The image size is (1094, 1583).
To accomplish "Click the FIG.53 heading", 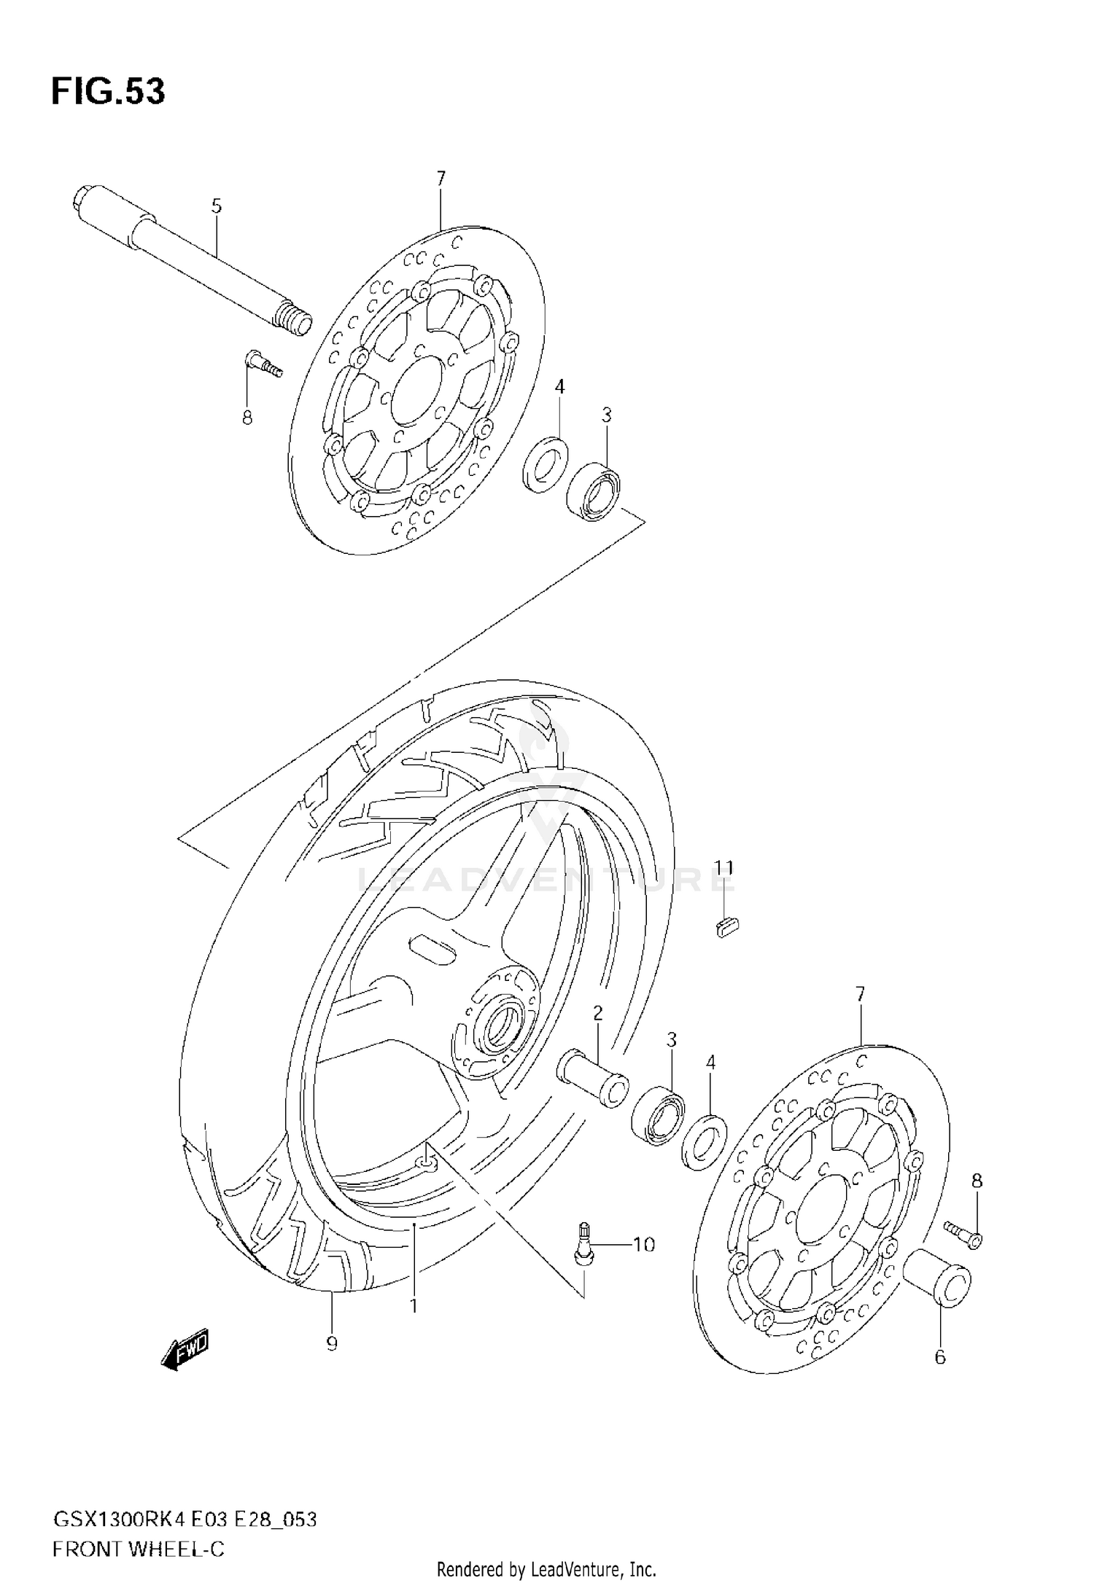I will click(108, 92).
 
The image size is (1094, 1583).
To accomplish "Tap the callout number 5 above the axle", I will click(217, 206).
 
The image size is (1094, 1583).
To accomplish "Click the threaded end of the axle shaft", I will click(295, 321).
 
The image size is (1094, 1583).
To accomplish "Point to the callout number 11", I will click(723, 867).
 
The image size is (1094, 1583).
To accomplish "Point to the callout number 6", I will click(939, 1357).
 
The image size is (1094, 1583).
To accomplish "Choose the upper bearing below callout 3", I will click(593, 490).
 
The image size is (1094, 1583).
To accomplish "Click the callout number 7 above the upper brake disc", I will click(441, 179).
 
